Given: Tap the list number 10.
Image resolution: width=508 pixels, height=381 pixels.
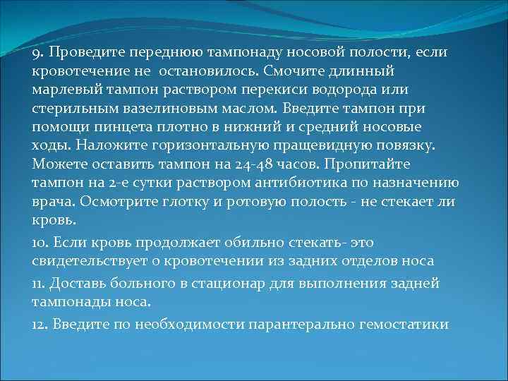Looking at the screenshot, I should point(40,243).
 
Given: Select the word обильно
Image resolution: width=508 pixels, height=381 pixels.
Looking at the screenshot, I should point(253,243).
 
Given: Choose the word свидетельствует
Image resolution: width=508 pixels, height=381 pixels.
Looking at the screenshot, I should point(87,261).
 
